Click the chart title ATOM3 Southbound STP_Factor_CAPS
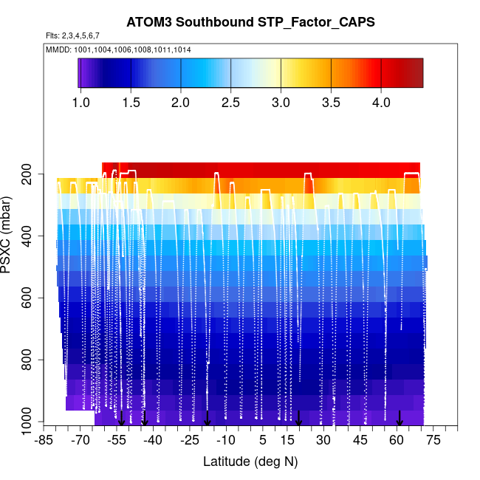(x=250, y=22)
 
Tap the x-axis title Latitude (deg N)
(x=250, y=462)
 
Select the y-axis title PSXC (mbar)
(x=8, y=235)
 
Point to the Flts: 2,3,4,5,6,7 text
(x=72, y=35)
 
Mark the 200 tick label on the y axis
(x=30, y=174)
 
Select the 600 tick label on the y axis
(x=30, y=298)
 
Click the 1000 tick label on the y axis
(x=26, y=422)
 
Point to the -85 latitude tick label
(x=45, y=441)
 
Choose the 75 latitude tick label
(x=433, y=441)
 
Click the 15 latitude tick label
(x=287, y=441)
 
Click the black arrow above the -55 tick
(x=121, y=418)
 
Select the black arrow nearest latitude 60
(x=400, y=418)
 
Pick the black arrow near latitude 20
(x=299, y=418)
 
